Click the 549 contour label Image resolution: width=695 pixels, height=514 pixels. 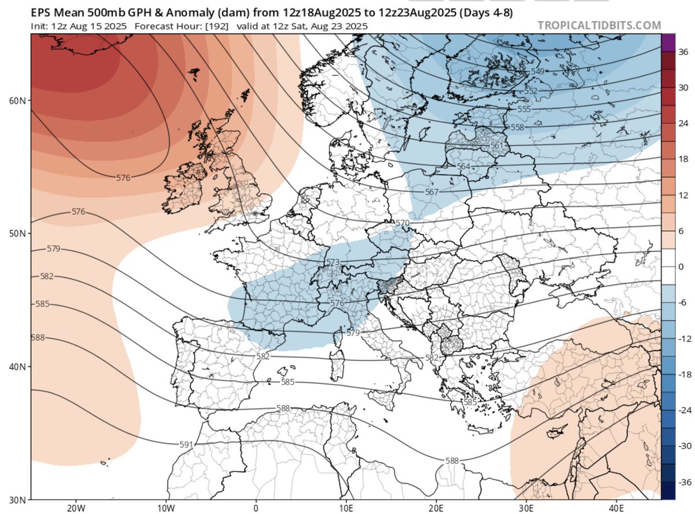tap(538, 71)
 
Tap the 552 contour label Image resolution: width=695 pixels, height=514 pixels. tap(531, 92)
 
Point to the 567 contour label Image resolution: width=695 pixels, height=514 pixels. tap(431, 192)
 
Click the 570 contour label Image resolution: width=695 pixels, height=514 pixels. tap(402, 223)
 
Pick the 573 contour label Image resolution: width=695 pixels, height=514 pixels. tap(333, 263)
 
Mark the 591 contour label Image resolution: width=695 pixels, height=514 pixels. tap(186, 444)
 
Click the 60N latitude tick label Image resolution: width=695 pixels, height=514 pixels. tap(17, 100)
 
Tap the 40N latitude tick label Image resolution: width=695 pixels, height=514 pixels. tap(17, 367)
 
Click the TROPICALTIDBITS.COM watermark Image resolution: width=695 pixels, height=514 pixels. tap(599, 25)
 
